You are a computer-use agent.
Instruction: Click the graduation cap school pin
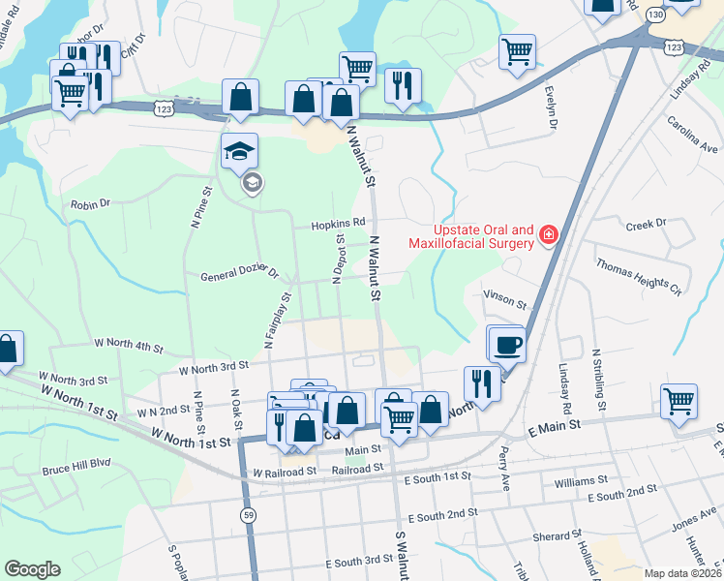[x=240, y=151]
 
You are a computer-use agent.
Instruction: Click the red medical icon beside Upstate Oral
[x=548, y=234]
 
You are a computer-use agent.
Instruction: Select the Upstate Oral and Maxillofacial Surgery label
[x=470, y=236]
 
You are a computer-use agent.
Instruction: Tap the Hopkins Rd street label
[x=338, y=224]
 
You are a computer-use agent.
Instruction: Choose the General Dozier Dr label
[x=239, y=276]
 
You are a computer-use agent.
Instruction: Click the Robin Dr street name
[x=91, y=204]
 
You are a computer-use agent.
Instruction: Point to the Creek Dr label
[x=647, y=224]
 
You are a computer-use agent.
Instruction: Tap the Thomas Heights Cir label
[x=639, y=274]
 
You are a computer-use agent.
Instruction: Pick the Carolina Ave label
[x=692, y=135]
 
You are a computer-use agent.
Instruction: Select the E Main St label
[x=553, y=424]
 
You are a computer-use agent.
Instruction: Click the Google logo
[x=32, y=569]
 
